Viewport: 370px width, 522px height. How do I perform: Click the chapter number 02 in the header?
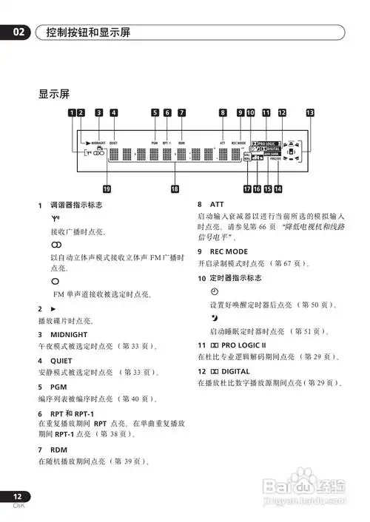pos(20,33)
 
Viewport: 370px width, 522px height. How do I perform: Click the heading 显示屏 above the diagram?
pos(54,95)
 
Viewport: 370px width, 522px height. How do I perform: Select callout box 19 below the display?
pos(107,189)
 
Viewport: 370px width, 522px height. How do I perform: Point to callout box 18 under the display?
pos(175,189)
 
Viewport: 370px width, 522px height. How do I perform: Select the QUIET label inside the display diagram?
pos(114,140)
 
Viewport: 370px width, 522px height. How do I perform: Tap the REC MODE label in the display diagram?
pos(238,140)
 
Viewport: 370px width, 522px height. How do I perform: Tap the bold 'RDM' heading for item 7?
pos(58,449)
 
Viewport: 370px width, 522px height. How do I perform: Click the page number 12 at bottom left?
pos(17,496)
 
